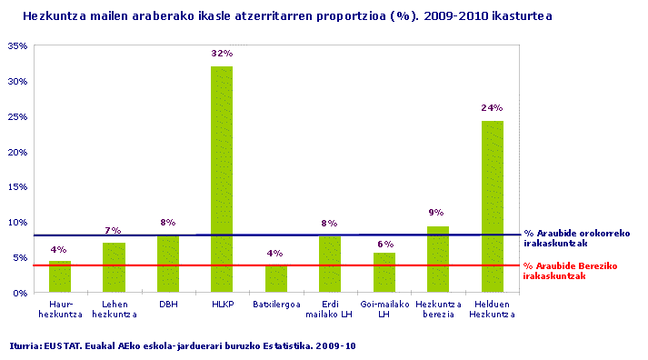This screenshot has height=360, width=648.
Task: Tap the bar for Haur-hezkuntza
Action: (x=59, y=276)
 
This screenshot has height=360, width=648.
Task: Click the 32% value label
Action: (x=221, y=54)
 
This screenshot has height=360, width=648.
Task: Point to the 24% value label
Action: (x=492, y=108)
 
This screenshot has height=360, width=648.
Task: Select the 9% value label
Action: (x=437, y=214)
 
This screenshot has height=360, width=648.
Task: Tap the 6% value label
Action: (x=384, y=244)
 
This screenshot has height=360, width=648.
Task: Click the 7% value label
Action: (x=114, y=231)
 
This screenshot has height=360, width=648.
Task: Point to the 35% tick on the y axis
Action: (x=17, y=46)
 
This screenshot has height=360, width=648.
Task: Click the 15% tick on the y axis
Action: (x=17, y=187)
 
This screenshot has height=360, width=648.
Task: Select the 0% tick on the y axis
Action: (x=20, y=293)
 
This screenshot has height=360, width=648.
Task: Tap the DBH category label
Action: (x=167, y=305)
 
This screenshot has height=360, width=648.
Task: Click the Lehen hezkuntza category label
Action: (x=114, y=309)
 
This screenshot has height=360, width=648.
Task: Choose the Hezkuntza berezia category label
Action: (x=437, y=309)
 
